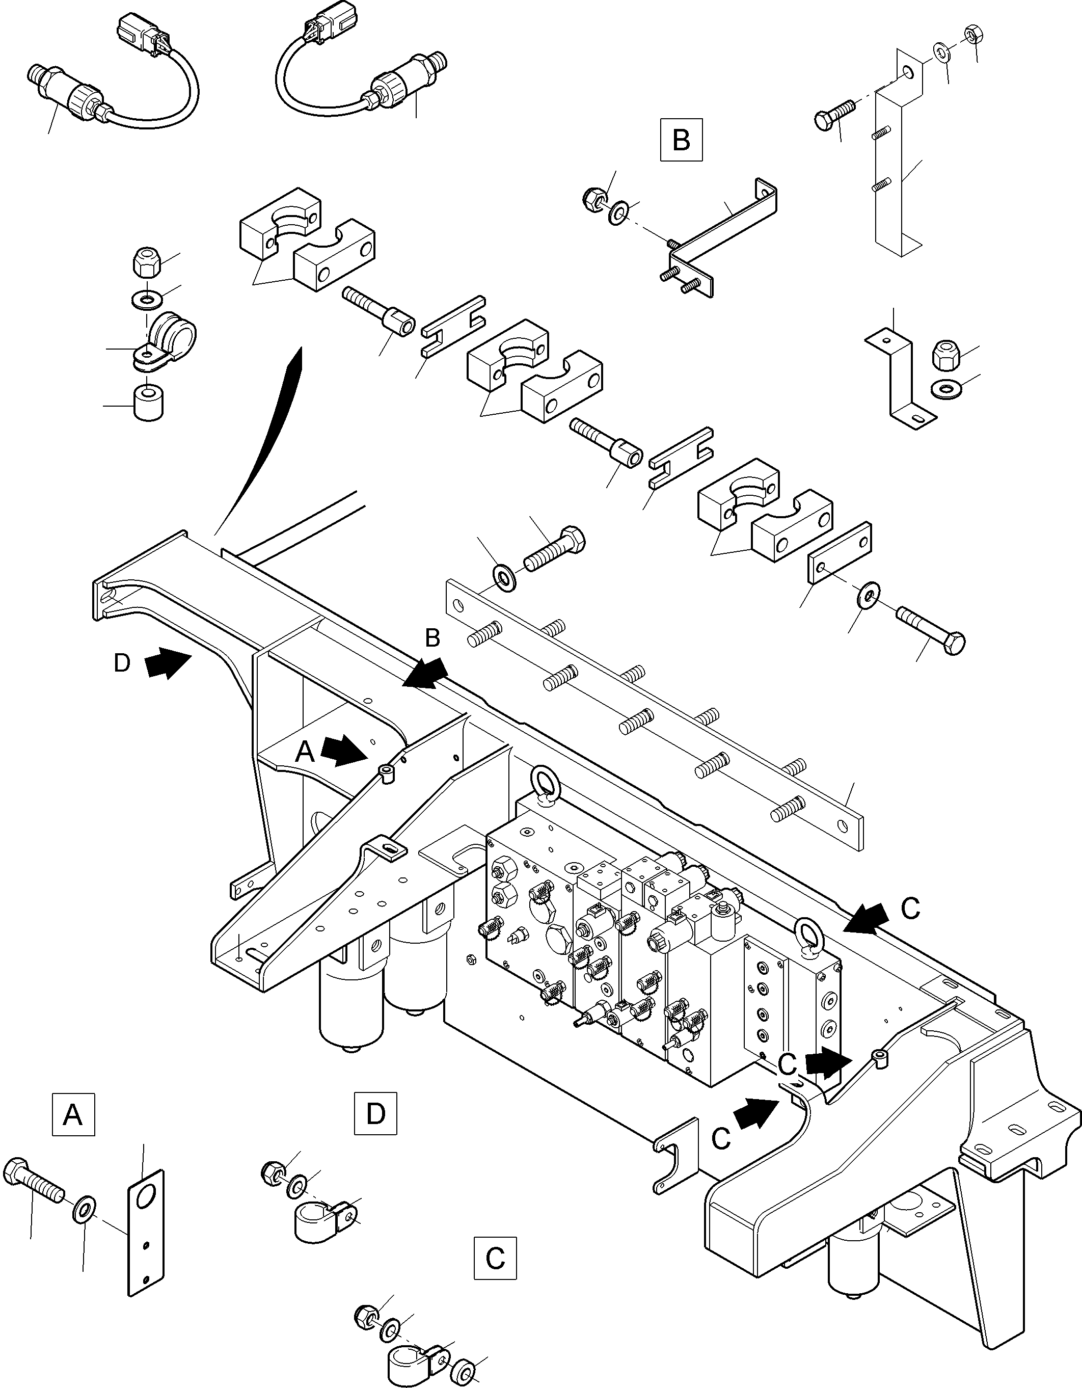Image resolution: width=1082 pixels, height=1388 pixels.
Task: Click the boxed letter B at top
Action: click(x=681, y=139)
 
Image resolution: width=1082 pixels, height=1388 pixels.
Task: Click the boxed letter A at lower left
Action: click(x=73, y=1114)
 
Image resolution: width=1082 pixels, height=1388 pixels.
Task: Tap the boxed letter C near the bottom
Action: click(x=495, y=1257)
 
